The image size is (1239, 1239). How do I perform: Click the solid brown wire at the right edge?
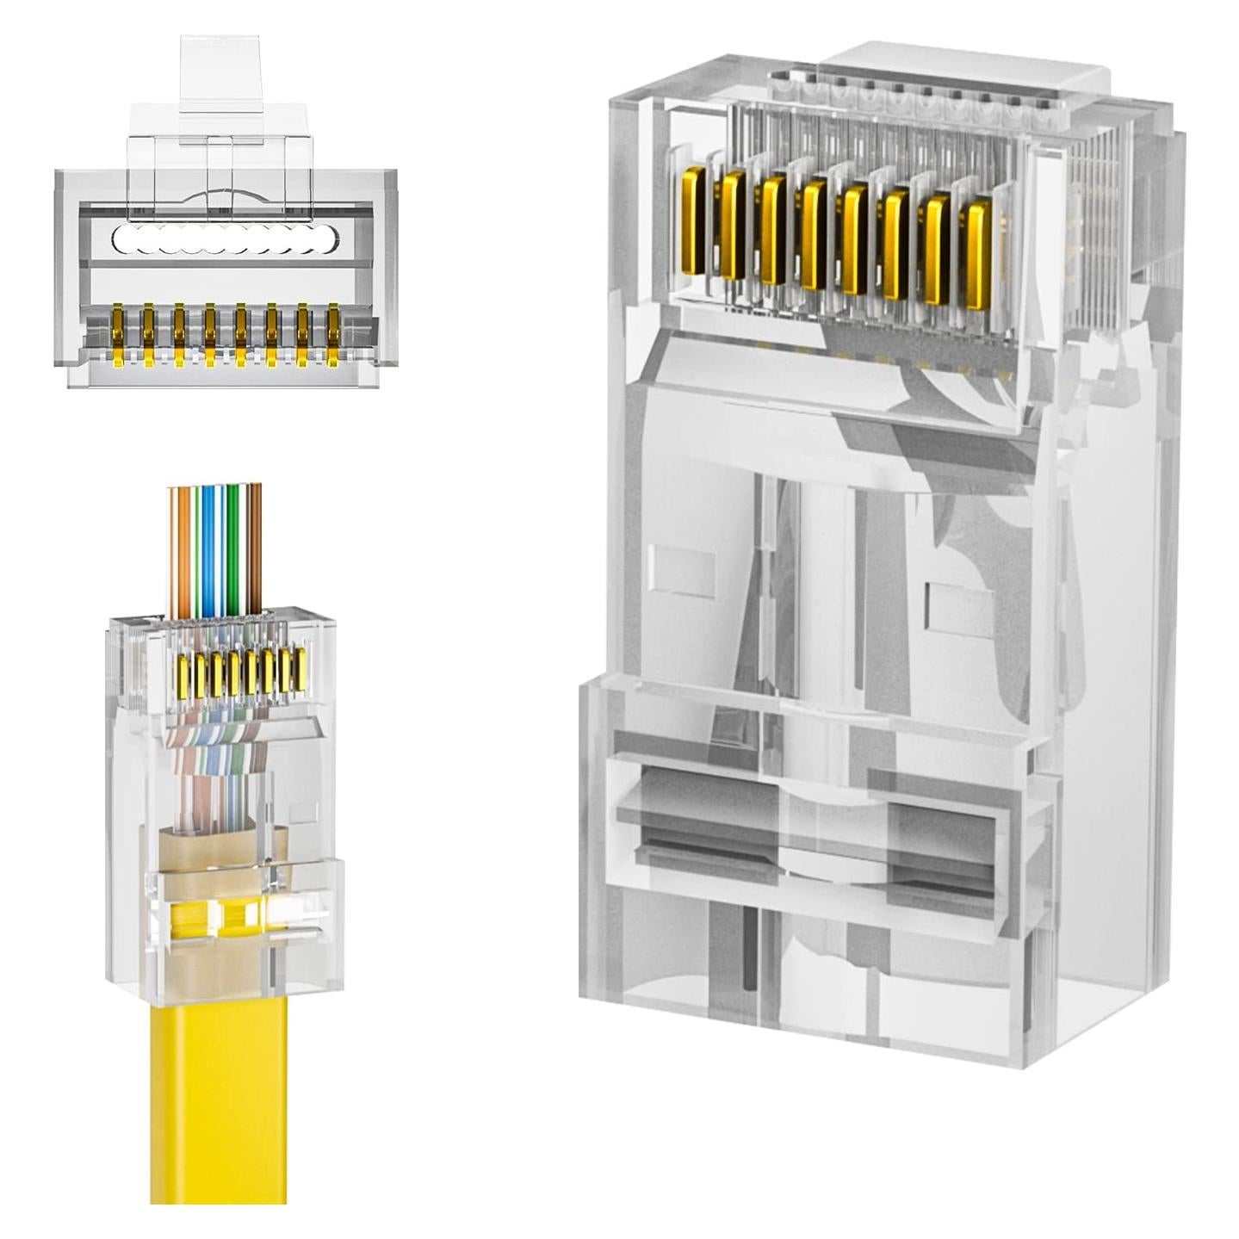click(x=255, y=551)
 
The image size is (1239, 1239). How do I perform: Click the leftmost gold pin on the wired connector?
click(x=183, y=676)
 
